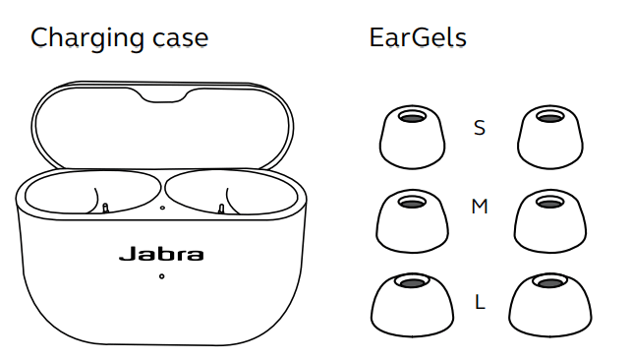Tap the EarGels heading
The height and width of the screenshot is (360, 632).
click(x=417, y=38)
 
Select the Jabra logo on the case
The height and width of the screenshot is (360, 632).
click(x=161, y=254)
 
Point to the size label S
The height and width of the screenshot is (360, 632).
click(x=479, y=128)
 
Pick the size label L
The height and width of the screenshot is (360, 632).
click(x=480, y=302)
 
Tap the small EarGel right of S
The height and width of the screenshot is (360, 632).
click(x=546, y=137)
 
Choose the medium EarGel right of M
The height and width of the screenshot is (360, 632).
click(x=546, y=220)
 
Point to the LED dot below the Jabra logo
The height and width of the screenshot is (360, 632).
click(x=161, y=276)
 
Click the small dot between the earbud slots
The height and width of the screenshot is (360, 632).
click(x=161, y=208)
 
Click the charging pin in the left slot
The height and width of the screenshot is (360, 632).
click(x=105, y=208)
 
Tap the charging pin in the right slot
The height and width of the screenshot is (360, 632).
click(x=220, y=208)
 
